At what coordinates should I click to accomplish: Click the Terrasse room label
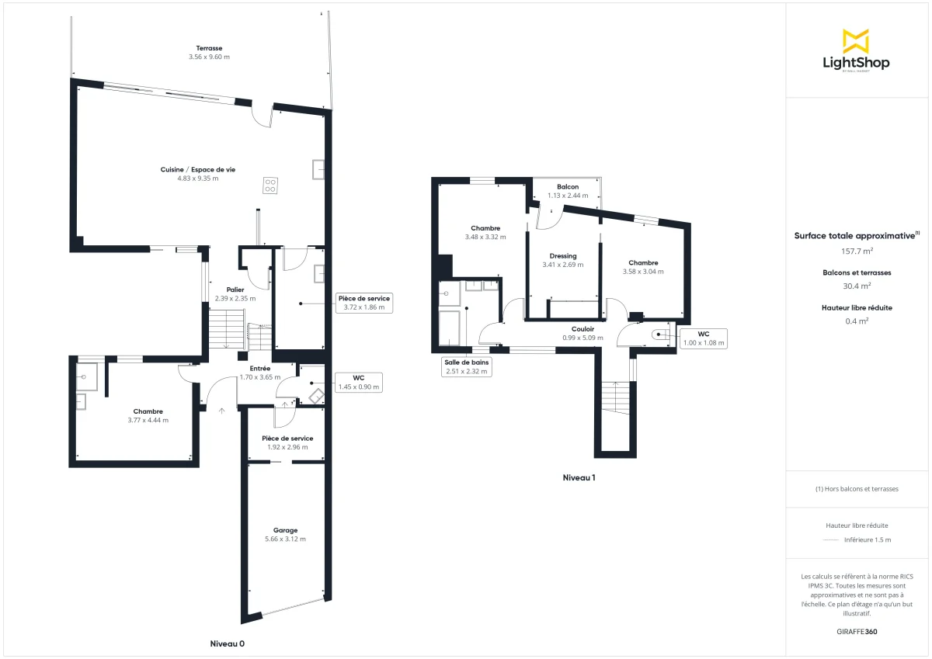click(x=209, y=48)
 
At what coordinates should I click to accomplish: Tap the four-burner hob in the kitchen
click(x=270, y=186)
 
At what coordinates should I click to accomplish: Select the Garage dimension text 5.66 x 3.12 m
click(x=285, y=539)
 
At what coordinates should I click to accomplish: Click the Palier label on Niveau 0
click(x=235, y=290)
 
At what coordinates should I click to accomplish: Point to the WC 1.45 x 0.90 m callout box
click(x=358, y=382)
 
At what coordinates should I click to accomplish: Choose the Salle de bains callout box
click(x=466, y=366)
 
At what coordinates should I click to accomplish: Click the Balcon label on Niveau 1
click(x=568, y=187)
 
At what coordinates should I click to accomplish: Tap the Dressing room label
click(x=562, y=256)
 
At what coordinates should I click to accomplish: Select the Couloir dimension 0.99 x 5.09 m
click(x=582, y=338)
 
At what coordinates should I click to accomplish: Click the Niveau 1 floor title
click(x=579, y=477)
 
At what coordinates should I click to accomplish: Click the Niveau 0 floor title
click(x=228, y=643)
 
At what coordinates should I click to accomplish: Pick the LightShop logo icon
click(x=856, y=41)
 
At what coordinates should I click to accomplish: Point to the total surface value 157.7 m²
click(x=857, y=251)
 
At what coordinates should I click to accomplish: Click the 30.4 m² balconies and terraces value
click(x=857, y=285)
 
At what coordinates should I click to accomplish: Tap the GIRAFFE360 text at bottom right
click(x=857, y=632)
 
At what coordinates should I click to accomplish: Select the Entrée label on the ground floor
click(x=260, y=369)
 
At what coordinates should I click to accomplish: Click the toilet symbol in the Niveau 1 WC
click(x=660, y=335)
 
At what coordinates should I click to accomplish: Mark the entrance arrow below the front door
click(x=222, y=411)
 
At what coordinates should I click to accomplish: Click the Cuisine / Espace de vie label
click(x=197, y=169)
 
